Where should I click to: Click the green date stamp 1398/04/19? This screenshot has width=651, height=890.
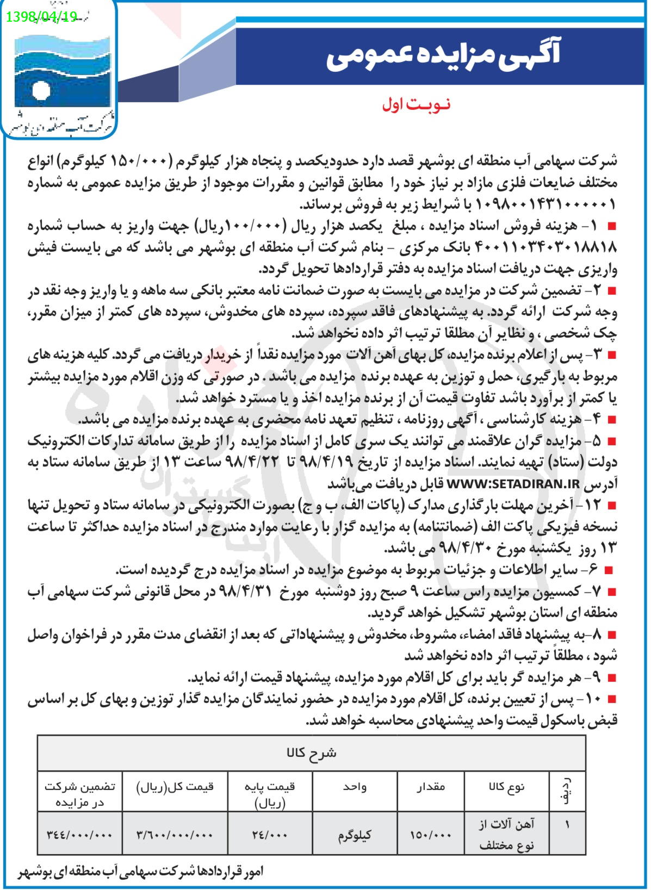[41, 17]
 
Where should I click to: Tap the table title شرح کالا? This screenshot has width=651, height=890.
[311, 753]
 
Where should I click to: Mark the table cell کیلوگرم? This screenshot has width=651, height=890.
[355, 835]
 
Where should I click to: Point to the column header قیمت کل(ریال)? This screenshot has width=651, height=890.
[175, 786]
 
